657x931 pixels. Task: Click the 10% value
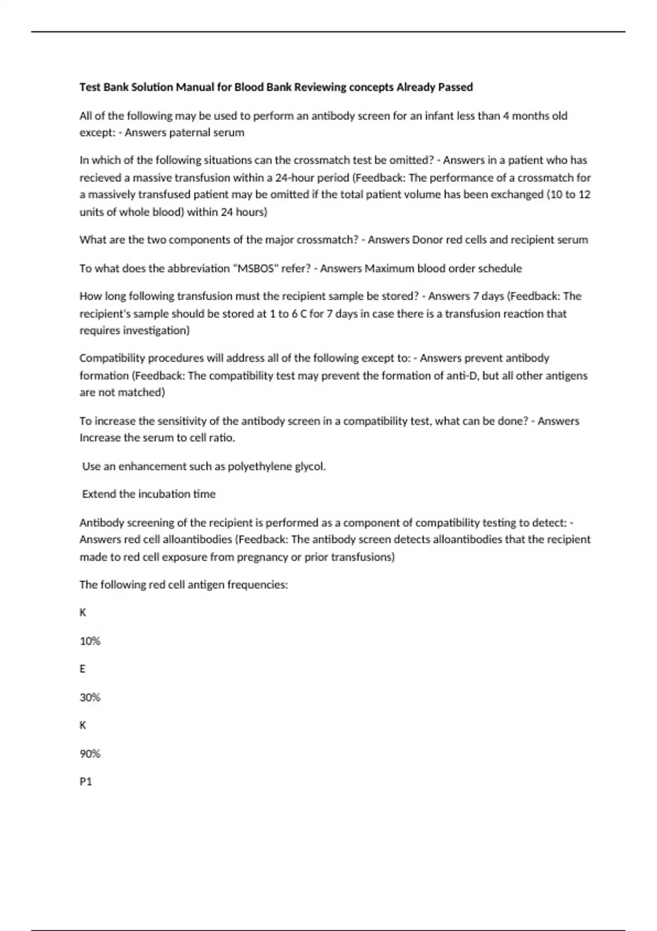[90, 641]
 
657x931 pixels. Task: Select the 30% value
[90, 697]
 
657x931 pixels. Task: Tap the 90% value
[90, 754]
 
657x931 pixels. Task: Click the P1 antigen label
[85, 781]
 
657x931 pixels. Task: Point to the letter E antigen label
[83, 669]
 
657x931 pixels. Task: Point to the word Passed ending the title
[455, 87]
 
